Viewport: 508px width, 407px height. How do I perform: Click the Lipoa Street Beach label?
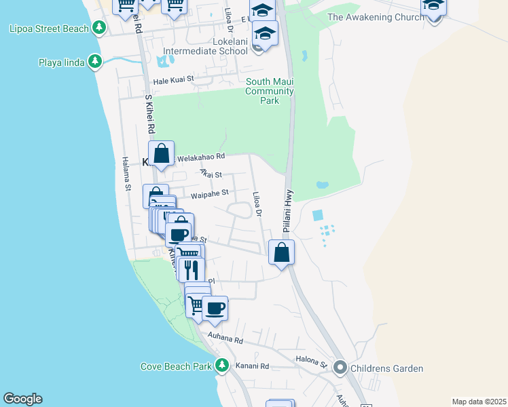49,28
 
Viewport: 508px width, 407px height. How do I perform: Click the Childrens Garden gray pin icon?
340,368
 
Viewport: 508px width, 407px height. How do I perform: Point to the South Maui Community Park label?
270,91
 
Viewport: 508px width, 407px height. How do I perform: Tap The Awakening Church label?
375,17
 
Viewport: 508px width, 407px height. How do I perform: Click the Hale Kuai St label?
174,80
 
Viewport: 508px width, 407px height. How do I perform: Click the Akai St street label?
211,174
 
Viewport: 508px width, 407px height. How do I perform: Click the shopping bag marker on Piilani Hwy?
282,253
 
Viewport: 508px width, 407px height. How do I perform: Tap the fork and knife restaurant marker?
192,269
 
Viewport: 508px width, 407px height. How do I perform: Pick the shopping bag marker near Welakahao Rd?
162,154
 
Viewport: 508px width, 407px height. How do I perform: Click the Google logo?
22,399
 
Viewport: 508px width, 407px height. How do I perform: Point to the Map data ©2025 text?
478,401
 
